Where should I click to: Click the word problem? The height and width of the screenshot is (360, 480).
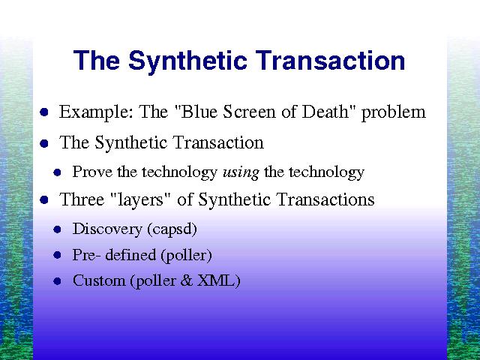click(394, 112)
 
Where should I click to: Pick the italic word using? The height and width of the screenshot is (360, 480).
click(241, 172)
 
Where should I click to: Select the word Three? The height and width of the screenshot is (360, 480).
click(82, 199)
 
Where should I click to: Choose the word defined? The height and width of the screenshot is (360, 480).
click(130, 255)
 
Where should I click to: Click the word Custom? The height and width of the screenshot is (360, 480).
click(99, 280)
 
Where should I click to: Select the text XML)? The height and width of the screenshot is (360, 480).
click(218, 281)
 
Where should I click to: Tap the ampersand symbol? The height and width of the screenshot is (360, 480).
click(187, 281)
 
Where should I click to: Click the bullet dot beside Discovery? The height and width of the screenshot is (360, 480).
click(57, 229)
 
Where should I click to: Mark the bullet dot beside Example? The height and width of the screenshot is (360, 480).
click(44, 112)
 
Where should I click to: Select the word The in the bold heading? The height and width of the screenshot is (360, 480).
click(97, 60)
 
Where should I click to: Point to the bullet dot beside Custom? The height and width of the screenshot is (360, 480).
click(57, 281)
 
